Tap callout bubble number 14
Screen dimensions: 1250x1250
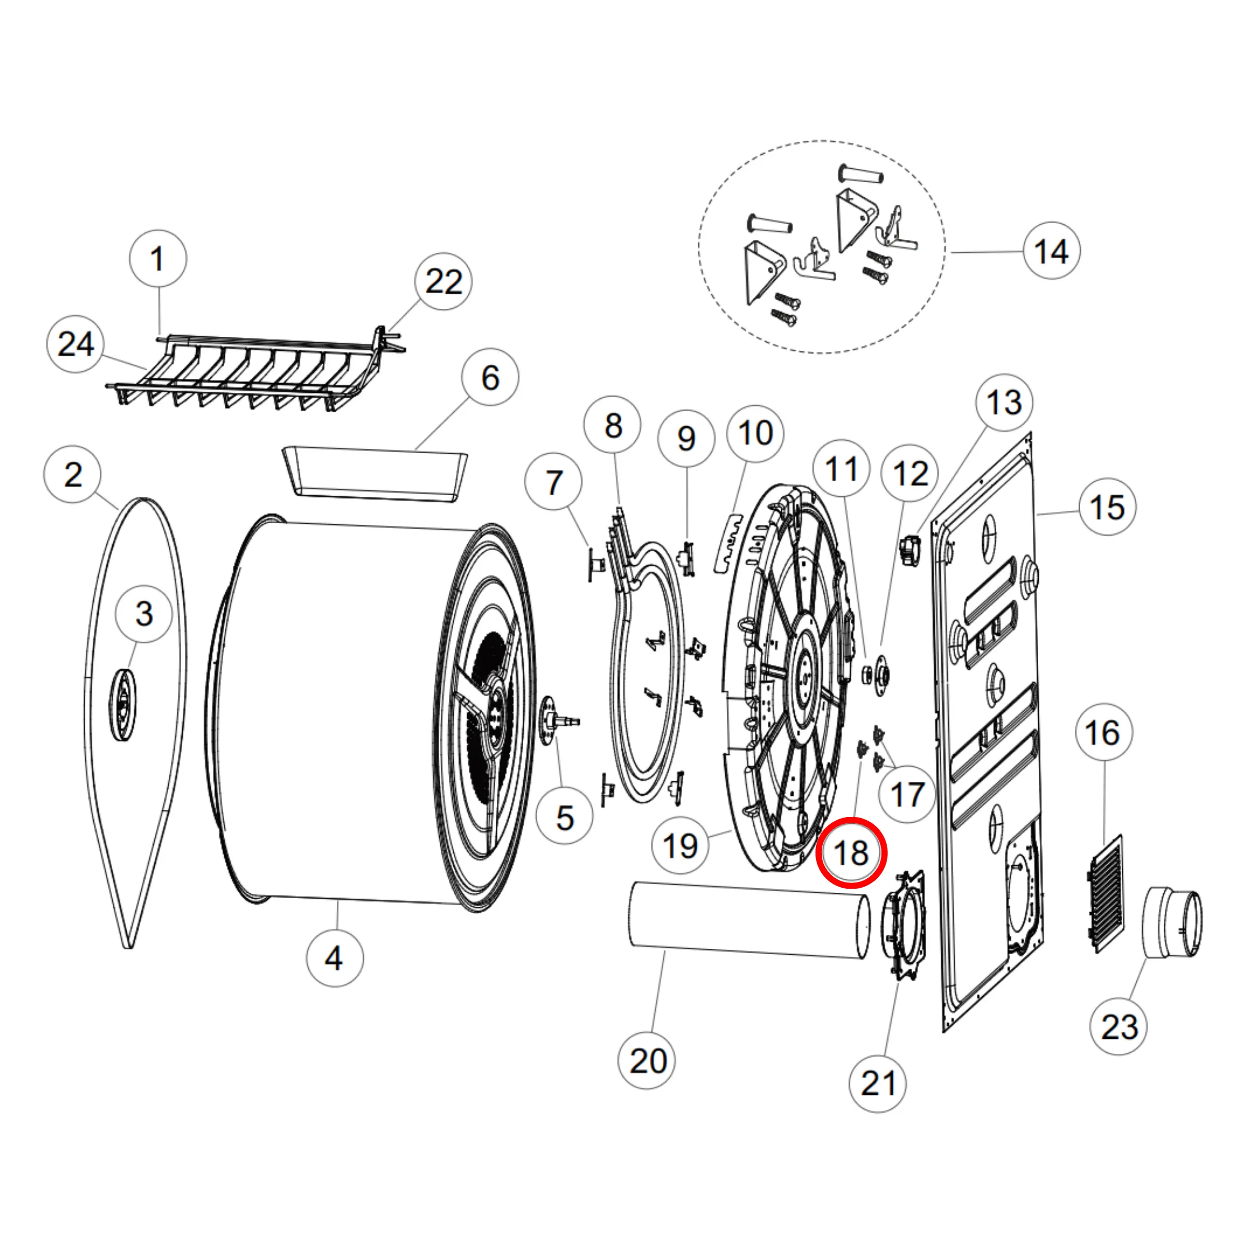coord(1051,251)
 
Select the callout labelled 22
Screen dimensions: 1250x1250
coord(443,281)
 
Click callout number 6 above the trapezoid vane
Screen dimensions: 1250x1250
coord(491,377)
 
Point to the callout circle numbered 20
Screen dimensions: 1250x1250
coord(647,1061)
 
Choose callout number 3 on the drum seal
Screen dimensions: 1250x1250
coord(144,614)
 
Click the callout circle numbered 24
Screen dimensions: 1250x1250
coord(76,344)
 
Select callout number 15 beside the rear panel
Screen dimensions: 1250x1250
coord(1107,507)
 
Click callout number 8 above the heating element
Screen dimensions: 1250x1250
coord(612,425)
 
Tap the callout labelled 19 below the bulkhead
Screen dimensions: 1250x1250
coord(680,845)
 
